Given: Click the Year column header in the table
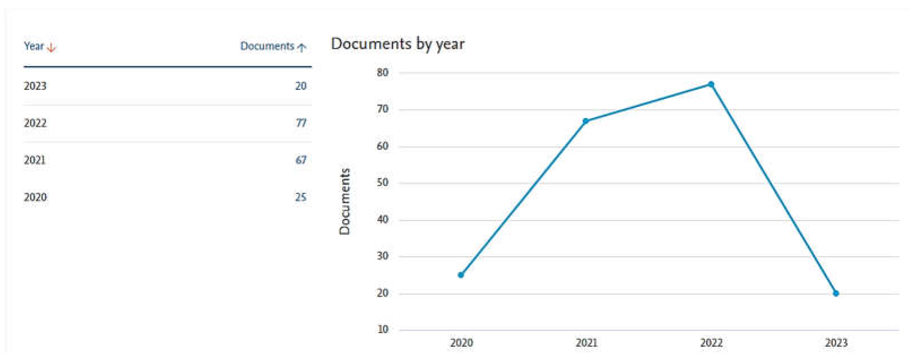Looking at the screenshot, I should [x=34, y=46].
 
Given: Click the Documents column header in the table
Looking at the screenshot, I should [x=267, y=46].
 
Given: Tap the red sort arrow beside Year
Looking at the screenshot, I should [x=51, y=47].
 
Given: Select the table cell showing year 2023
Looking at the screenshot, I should [x=35, y=86].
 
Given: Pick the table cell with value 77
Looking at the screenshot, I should [x=301, y=123].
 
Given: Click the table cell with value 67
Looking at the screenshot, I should [x=301, y=160].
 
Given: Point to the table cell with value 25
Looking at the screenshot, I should [x=301, y=197].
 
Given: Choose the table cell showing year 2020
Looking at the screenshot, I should [x=35, y=197].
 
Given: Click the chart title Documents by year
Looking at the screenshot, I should [x=397, y=44].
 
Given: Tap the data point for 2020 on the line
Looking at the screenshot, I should [x=461, y=275].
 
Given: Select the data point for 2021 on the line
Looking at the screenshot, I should [x=586, y=121].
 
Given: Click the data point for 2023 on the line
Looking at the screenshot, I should [x=836, y=293].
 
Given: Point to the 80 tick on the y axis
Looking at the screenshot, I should [x=383, y=73].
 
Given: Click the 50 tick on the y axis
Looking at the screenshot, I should [x=383, y=183].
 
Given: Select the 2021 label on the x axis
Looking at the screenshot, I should [x=586, y=343].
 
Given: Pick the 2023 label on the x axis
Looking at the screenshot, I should [x=836, y=343].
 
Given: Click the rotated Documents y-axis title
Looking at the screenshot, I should [x=344, y=201].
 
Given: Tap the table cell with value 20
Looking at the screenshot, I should [x=301, y=86].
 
